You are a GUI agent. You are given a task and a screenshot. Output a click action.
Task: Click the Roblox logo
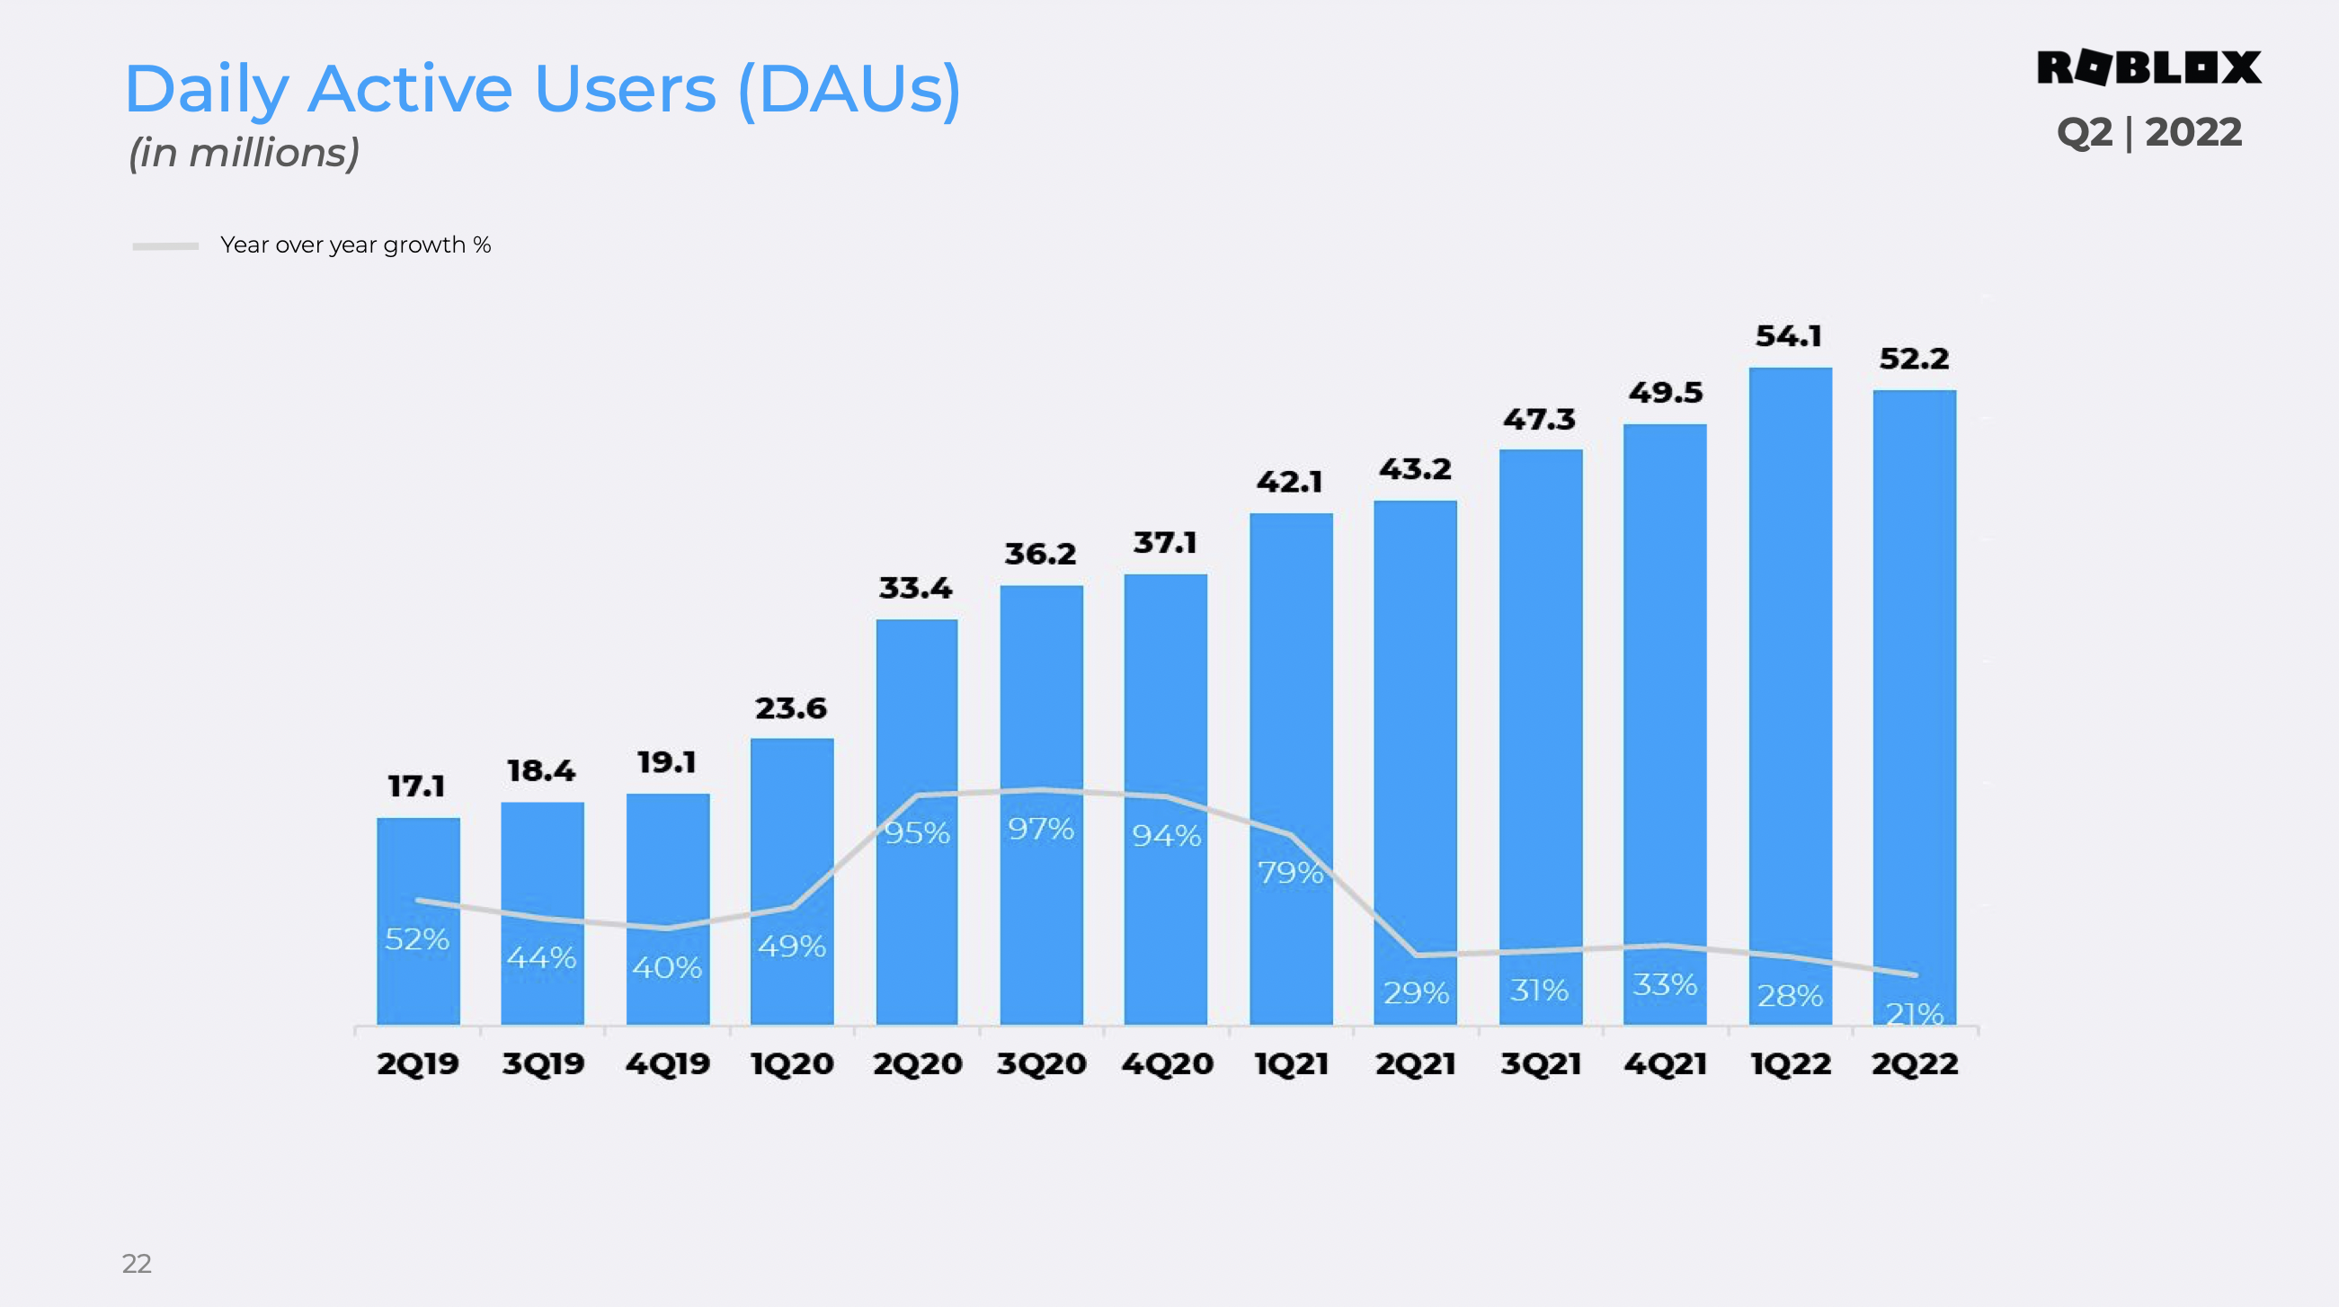(2148, 68)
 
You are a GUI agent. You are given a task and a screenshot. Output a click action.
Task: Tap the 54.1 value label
(1788, 336)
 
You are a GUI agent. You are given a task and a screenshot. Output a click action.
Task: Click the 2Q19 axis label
(418, 1063)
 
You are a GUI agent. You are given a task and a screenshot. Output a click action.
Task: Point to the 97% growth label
(1041, 829)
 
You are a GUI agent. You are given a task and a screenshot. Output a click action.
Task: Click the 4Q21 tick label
(1666, 1063)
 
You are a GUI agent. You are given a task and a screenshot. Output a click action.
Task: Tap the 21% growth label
(1914, 1012)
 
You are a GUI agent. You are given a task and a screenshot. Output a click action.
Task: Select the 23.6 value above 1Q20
(791, 707)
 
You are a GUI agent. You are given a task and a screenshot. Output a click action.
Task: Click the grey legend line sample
(165, 246)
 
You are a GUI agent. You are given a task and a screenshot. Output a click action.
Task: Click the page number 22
(138, 1263)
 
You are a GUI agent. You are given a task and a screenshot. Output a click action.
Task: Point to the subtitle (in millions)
(245, 153)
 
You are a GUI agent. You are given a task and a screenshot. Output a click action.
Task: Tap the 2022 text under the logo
(2192, 133)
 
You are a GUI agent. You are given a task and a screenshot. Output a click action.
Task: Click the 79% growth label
(1290, 872)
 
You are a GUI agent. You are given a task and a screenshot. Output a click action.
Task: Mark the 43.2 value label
(1415, 468)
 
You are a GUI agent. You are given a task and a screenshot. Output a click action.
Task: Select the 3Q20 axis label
(1041, 1063)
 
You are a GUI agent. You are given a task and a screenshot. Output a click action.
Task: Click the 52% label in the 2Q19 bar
(417, 938)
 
